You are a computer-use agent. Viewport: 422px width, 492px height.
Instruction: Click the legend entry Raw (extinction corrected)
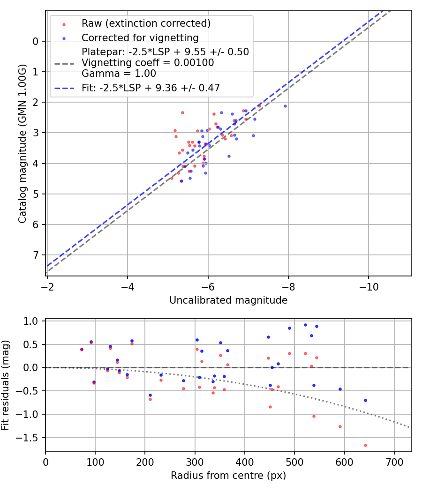146,23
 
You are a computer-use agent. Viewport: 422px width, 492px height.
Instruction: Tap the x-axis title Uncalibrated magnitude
228,300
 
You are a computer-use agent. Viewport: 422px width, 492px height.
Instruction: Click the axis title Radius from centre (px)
228,476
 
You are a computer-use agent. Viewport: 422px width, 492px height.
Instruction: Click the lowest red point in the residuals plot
365,445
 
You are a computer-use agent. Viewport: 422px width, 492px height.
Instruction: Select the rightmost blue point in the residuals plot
365,400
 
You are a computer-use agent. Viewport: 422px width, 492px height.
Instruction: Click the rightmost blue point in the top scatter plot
285,106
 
